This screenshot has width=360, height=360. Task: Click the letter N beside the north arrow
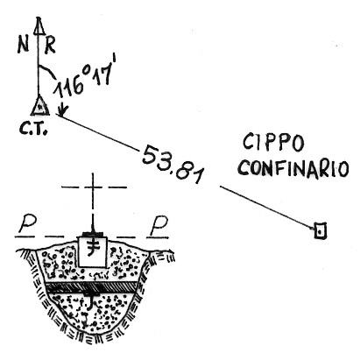[23, 46]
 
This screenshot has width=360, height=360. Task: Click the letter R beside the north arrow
[50, 46]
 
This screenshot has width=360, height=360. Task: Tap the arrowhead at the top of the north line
[39, 25]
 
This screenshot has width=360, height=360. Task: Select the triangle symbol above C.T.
[40, 106]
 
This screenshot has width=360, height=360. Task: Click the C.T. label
[33, 129]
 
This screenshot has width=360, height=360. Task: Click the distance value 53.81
[173, 164]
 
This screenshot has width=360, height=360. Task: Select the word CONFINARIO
[293, 168]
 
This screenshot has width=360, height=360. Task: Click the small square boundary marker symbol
[320, 230]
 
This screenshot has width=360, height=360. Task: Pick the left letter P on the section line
[27, 224]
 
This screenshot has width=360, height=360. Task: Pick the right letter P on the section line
[159, 225]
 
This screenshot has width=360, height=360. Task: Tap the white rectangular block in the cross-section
[93, 251]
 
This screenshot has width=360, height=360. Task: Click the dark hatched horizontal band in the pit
[92, 287]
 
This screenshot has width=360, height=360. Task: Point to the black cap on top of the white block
[93, 234]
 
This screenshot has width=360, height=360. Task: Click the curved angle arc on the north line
[46, 71]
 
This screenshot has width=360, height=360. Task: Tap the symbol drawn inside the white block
[93, 248]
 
